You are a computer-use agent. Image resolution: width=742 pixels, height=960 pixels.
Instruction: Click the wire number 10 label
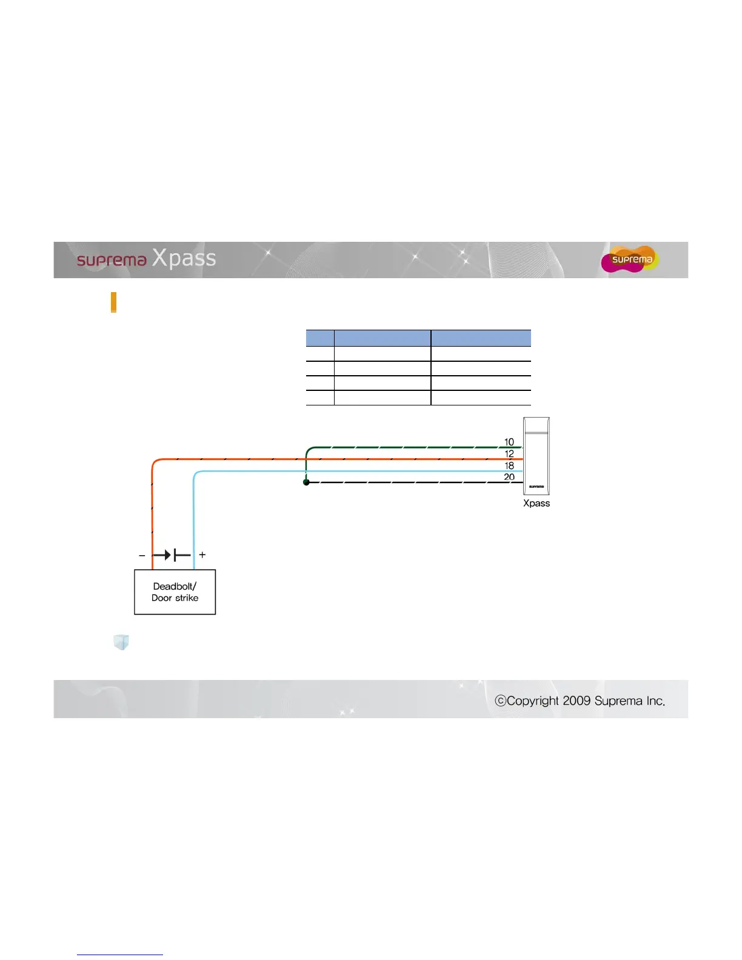(509, 442)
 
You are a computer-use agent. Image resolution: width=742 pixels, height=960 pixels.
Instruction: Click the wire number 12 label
(509, 453)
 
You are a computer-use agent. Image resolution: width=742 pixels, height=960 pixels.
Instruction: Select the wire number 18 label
(509, 465)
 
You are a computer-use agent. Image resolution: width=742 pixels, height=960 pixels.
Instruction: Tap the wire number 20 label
(509, 477)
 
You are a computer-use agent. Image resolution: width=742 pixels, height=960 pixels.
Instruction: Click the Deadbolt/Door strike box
(175, 592)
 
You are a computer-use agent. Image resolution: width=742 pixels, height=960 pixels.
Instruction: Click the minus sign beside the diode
(142, 555)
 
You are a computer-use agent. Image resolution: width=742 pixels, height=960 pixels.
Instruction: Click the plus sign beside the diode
(202, 555)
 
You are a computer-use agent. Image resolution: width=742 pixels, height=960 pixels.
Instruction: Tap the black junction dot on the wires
(306, 482)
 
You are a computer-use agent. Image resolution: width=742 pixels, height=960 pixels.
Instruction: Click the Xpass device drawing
(536, 456)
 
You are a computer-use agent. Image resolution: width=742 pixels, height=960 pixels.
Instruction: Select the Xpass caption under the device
(536, 503)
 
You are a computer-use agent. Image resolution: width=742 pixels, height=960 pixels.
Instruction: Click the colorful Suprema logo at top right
(630, 259)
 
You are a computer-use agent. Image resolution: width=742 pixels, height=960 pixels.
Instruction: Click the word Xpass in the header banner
(184, 258)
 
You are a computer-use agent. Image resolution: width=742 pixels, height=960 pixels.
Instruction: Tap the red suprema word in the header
(112, 261)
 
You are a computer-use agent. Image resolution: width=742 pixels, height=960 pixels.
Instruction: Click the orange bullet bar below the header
(113, 302)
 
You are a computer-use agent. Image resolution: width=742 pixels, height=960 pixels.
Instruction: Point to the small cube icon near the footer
(121, 642)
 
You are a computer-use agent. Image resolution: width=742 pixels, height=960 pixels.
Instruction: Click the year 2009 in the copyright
(577, 701)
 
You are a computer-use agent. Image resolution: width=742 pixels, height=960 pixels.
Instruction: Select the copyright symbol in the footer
(500, 701)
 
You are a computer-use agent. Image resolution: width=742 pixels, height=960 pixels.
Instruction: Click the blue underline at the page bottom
(120, 955)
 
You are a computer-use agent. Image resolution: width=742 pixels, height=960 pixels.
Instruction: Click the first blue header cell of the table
(320, 338)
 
